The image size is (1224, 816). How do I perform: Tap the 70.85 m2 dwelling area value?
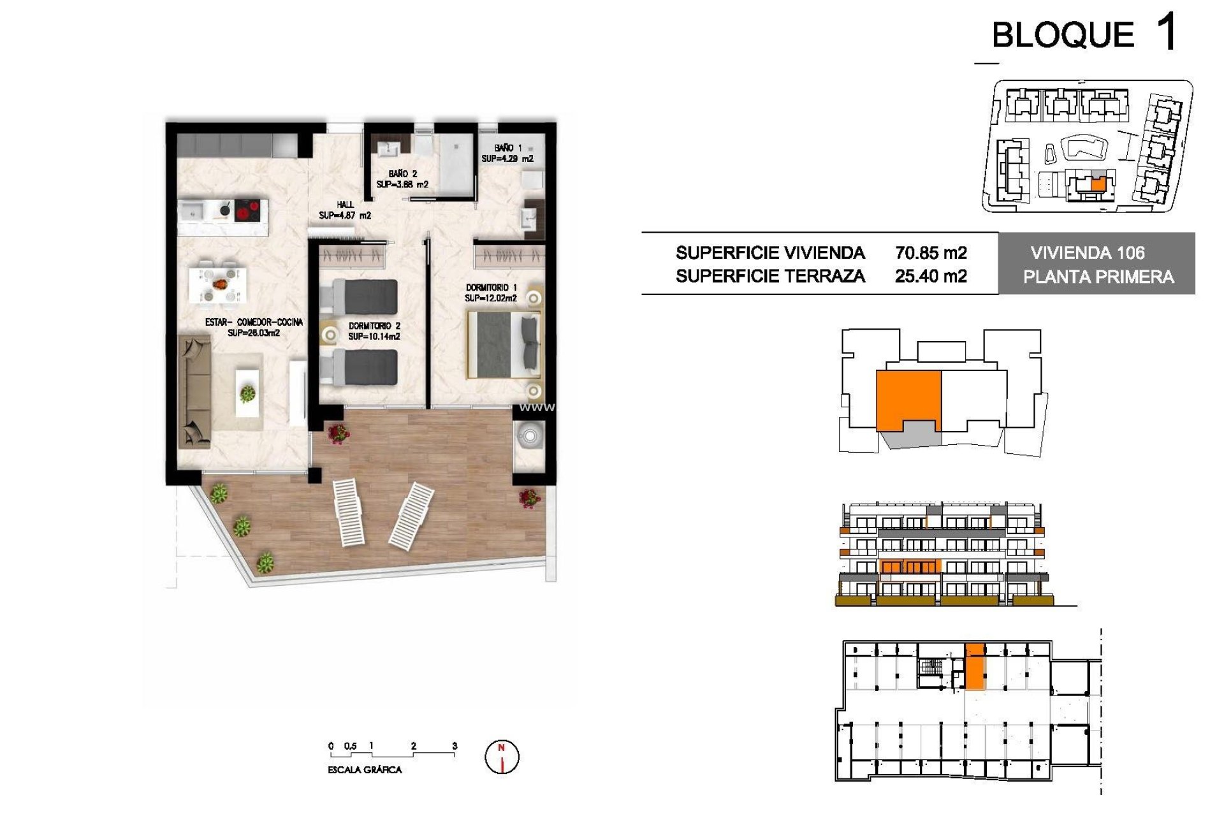[x=931, y=253]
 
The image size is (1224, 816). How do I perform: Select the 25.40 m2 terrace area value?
[x=931, y=276]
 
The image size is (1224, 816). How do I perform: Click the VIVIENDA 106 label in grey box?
[x=1087, y=253]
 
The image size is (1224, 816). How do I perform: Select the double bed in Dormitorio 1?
[x=504, y=344]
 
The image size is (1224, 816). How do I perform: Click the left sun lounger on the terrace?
[x=348, y=513]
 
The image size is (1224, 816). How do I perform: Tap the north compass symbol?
[x=502, y=757]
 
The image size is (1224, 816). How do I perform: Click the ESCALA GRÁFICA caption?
[x=365, y=770]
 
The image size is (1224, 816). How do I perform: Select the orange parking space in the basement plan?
[x=974, y=667]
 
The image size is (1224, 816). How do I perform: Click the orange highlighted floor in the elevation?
[x=910, y=567]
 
